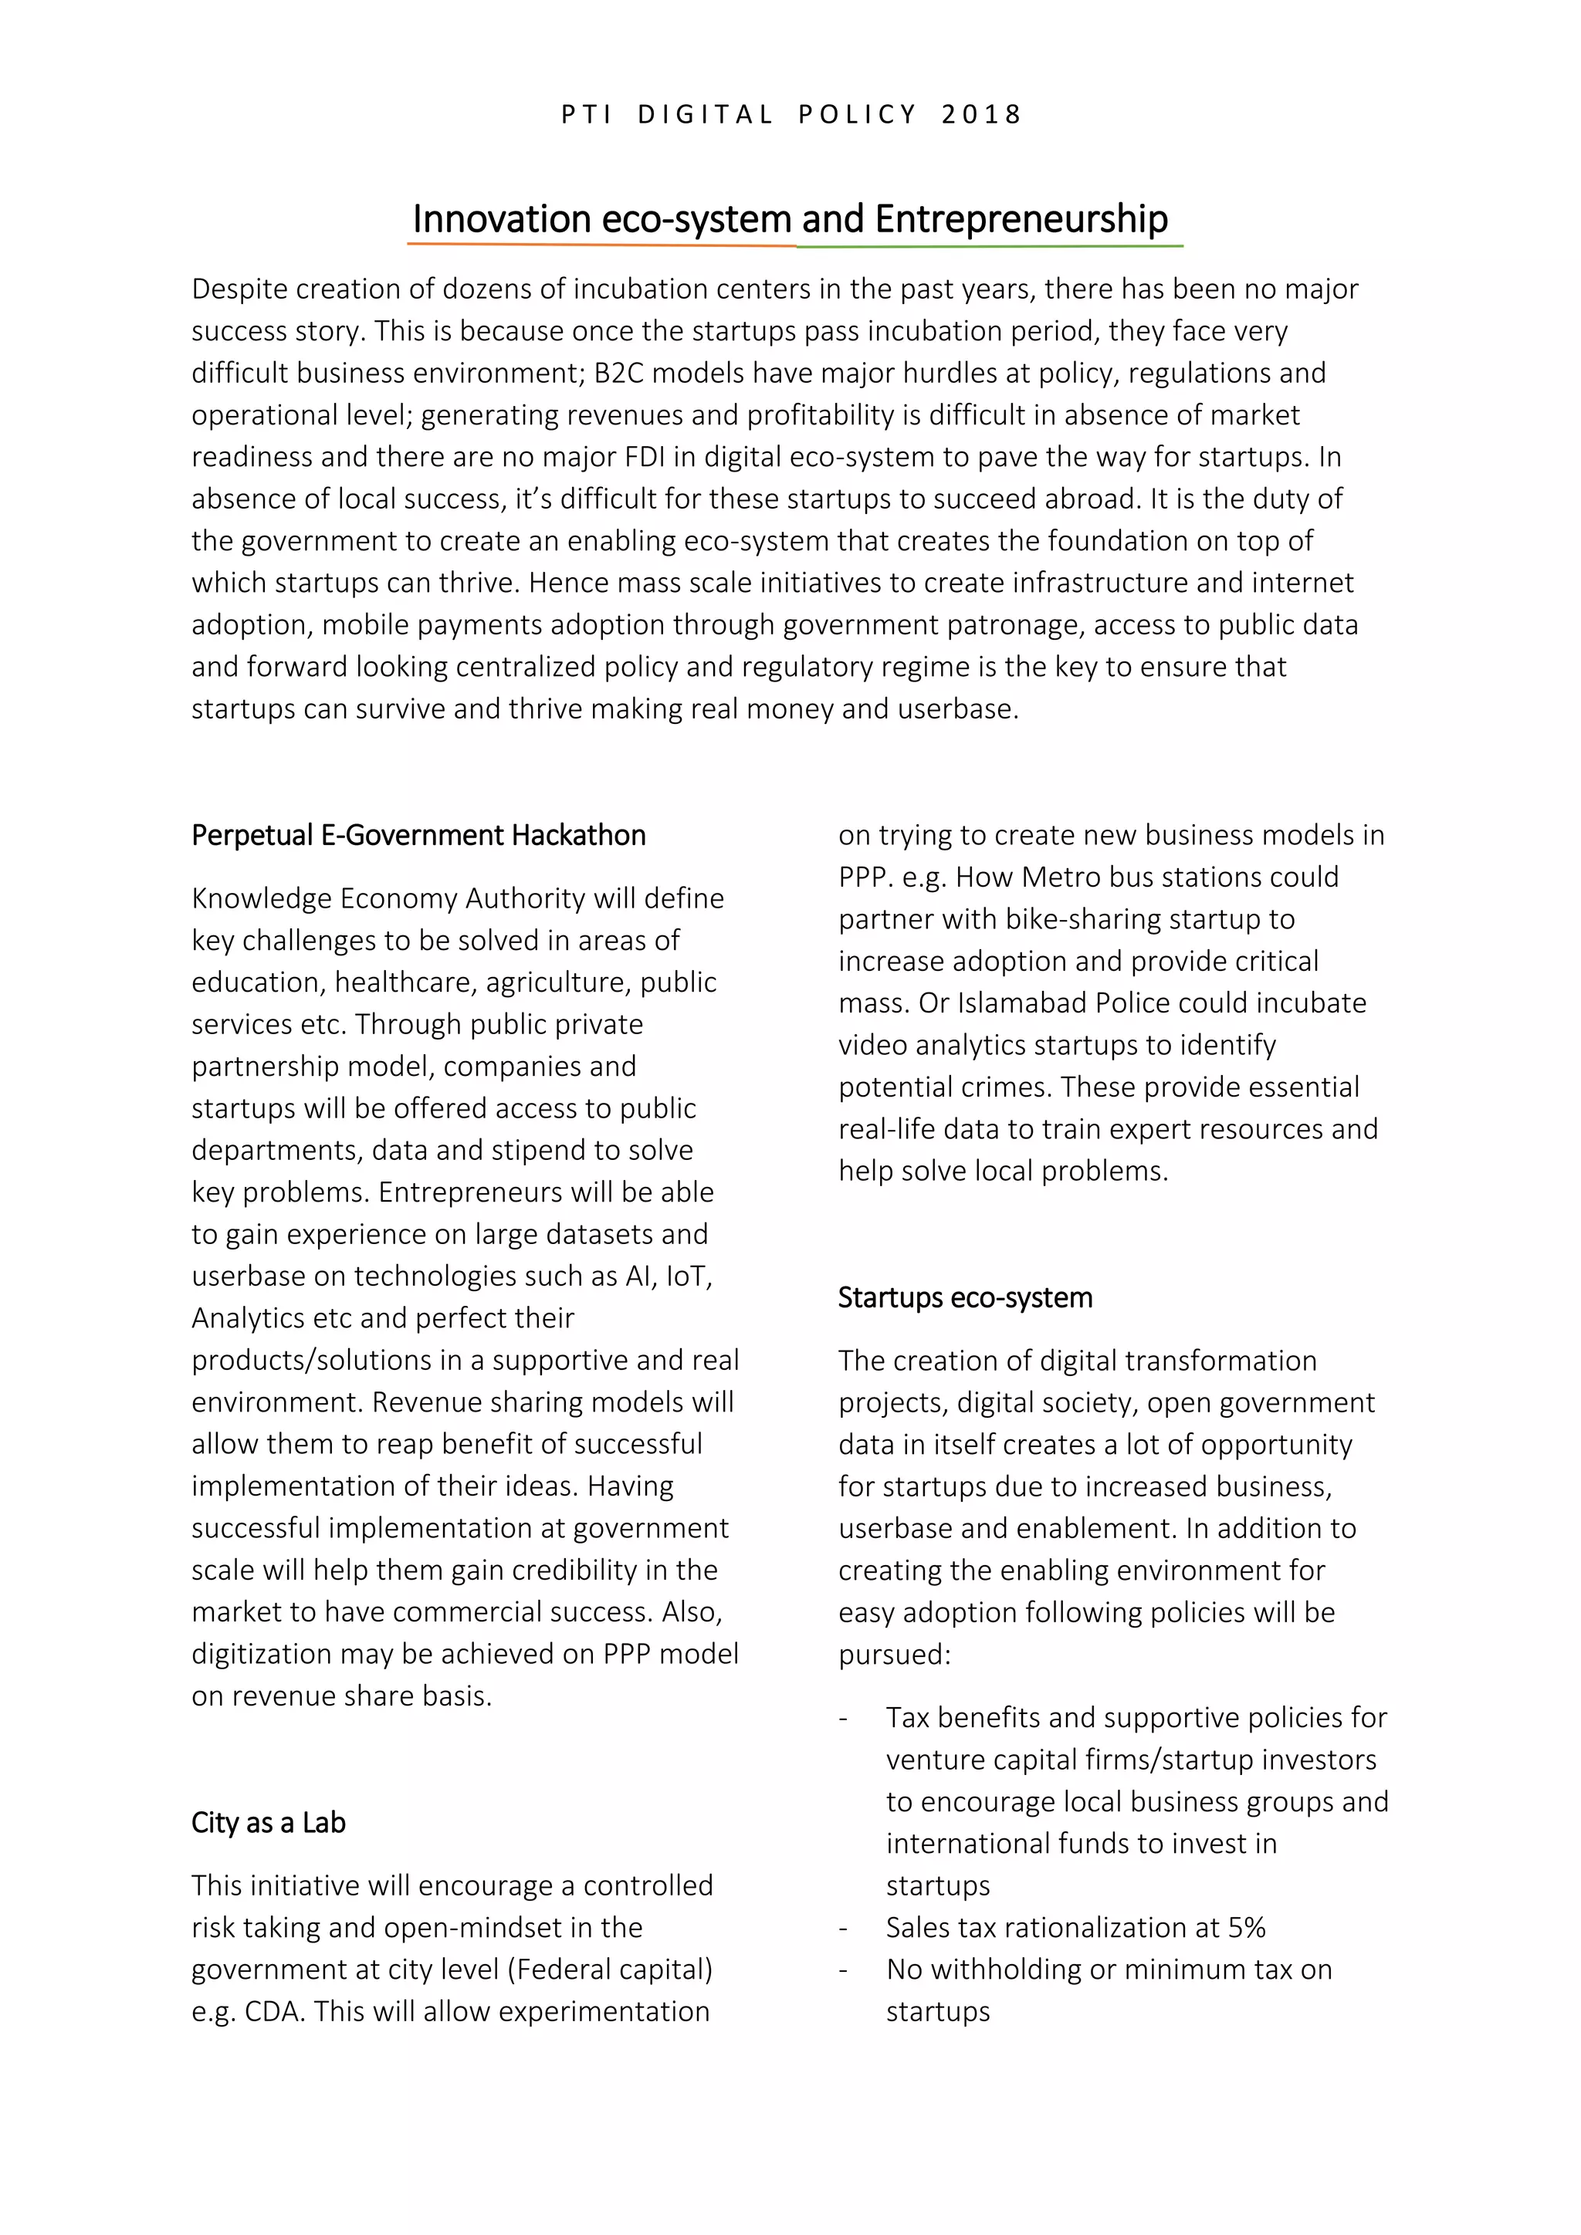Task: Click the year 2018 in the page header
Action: [x=981, y=115]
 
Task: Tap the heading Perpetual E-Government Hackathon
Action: [x=418, y=835]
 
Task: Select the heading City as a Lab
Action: [x=268, y=1822]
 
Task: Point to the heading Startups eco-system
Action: [x=965, y=1297]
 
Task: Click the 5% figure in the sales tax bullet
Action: [x=1246, y=1927]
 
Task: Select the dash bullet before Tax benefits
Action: [x=844, y=1718]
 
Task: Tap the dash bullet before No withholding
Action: [x=844, y=1970]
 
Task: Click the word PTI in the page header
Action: [x=587, y=115]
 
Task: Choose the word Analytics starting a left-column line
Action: [x=249, y=1318]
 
